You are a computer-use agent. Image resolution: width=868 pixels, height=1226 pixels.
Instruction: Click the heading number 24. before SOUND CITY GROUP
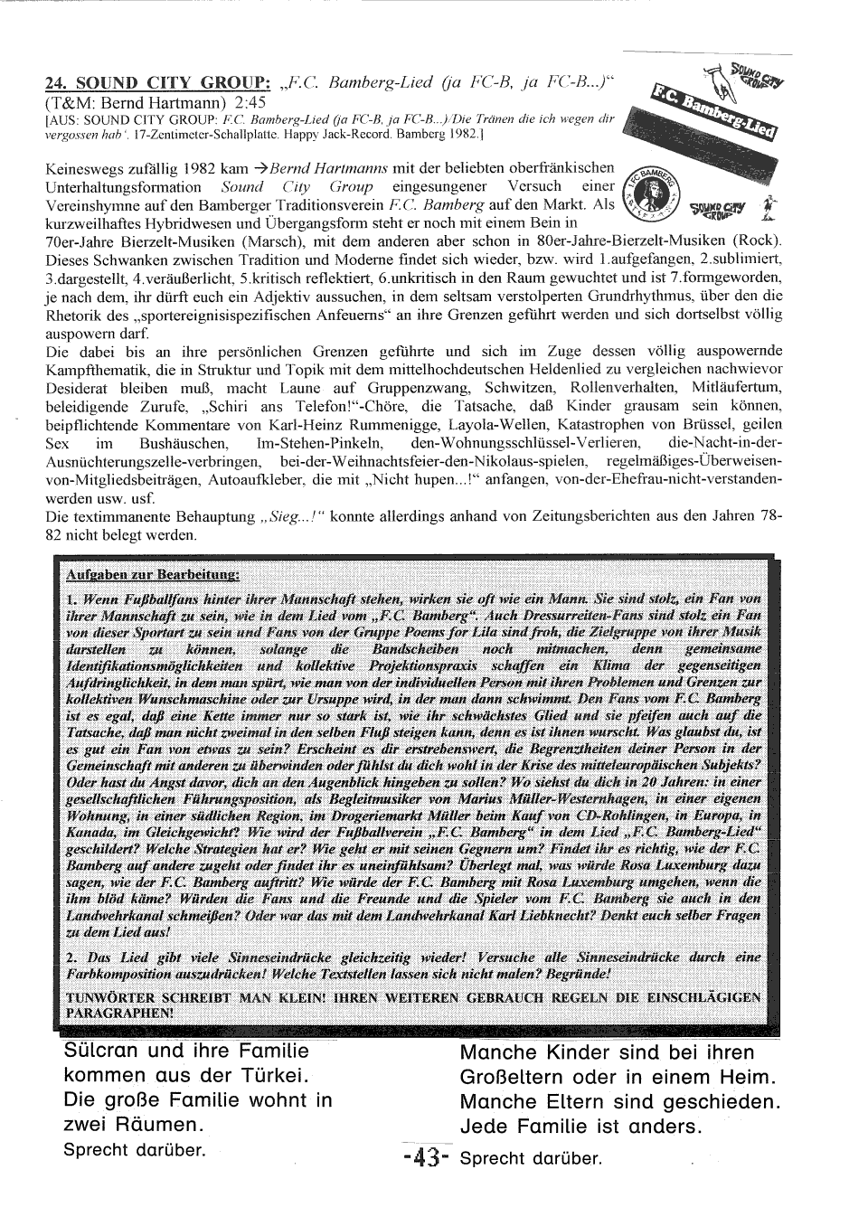click(59, 83)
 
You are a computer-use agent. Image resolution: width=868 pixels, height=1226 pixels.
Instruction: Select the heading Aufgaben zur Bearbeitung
click(152, 575)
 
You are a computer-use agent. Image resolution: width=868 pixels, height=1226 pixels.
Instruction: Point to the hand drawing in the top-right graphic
click(721, 80)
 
